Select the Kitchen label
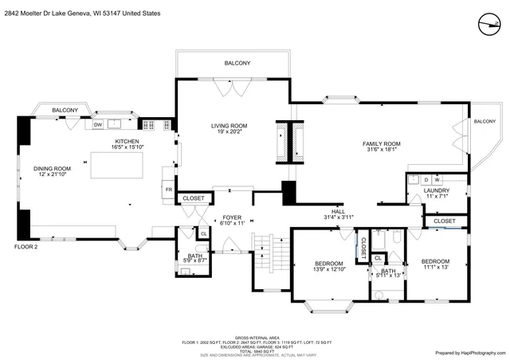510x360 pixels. coord(127,144)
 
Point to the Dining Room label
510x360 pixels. coord(52,171)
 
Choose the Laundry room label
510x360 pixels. coord(436,194)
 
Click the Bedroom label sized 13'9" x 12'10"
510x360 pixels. coord(328,267)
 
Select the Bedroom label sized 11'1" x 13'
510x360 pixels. coord(435,264)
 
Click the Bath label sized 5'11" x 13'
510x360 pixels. coord(388,273)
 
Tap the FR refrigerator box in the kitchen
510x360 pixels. coord(168,191)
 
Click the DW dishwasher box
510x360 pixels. coord(98,125)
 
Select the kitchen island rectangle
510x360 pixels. coord(117,166)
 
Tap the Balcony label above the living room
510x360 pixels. coord(237,63)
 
